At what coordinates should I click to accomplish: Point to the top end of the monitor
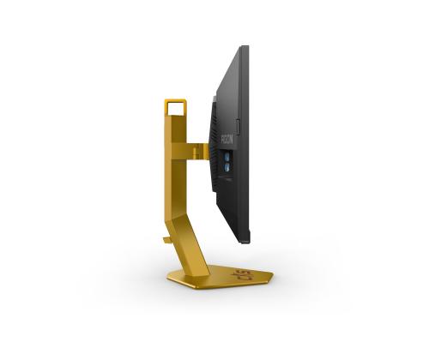245,48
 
